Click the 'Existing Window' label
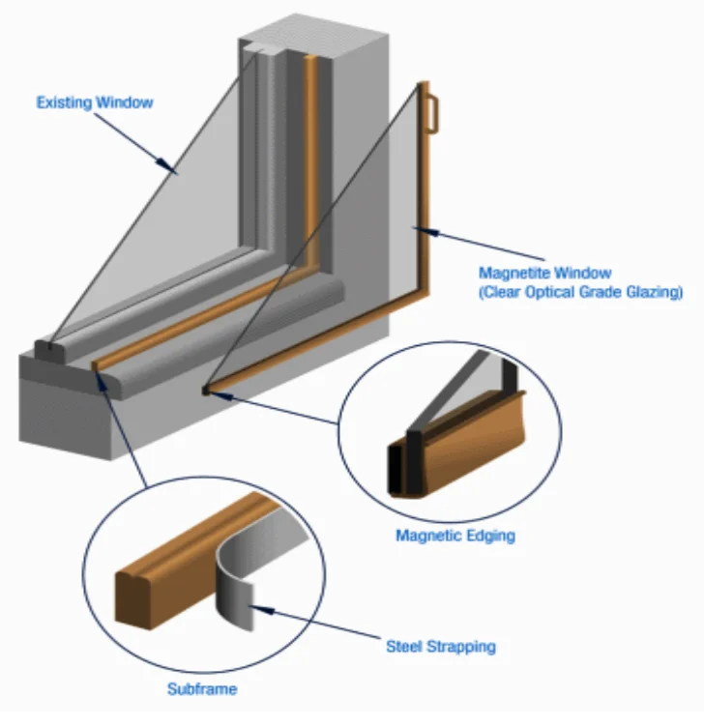click(x=94, y=102)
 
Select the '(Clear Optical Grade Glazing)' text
click(x=580, y=291)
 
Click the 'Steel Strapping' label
click(x=440, y=645)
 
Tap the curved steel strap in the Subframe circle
click(x=238, y=580)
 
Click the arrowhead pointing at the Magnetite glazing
click(x=417, y=229)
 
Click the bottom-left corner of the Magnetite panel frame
click(x=207, y=390)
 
